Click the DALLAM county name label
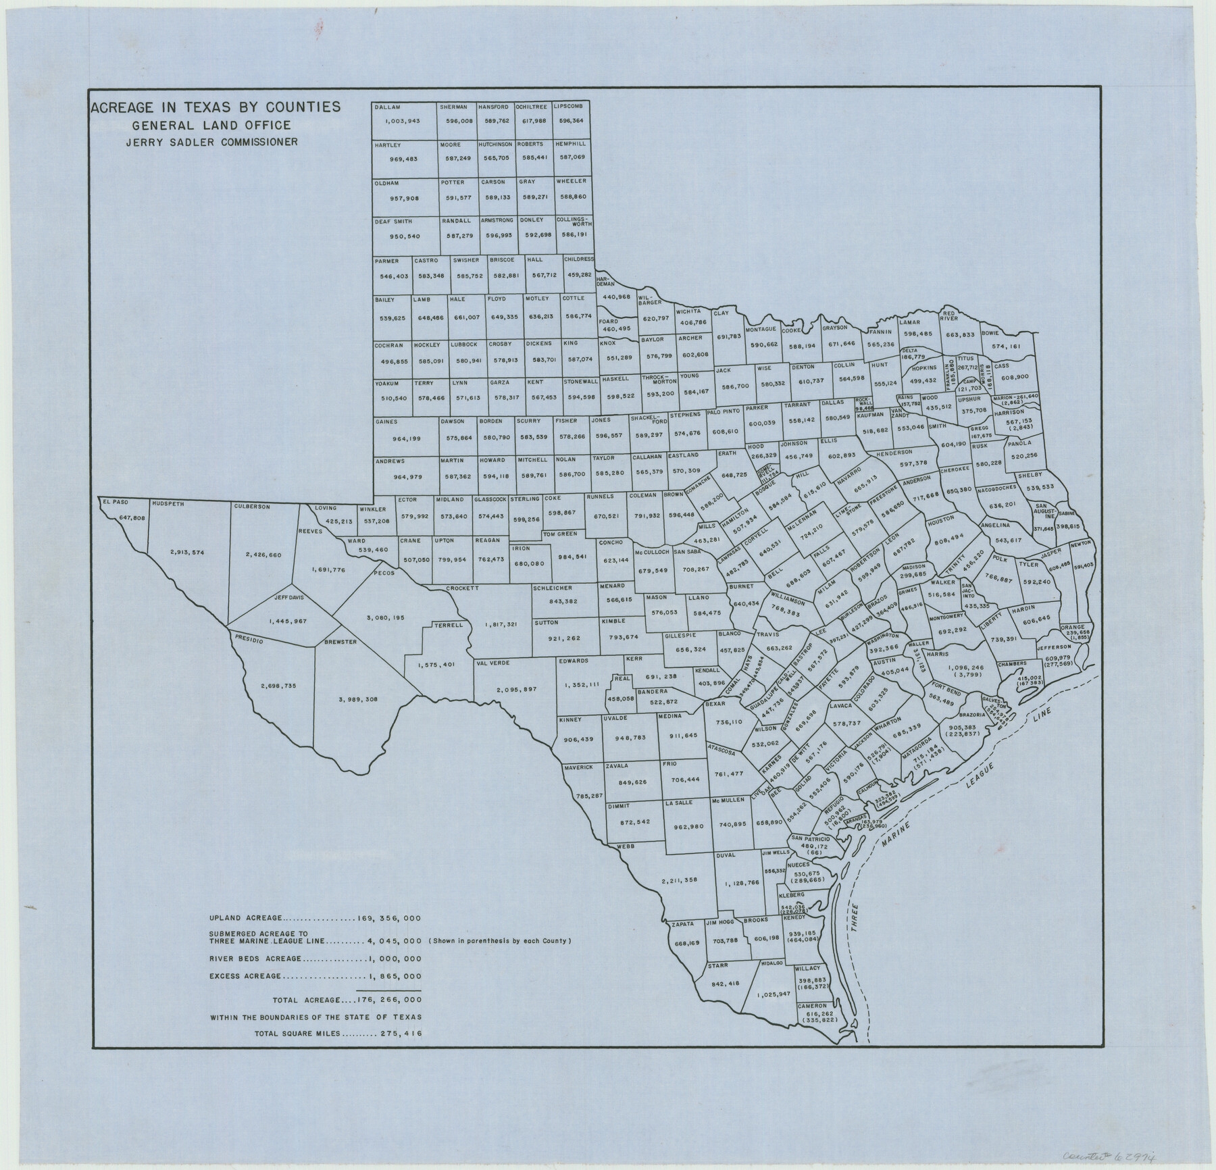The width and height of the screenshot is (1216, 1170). click(388, 107)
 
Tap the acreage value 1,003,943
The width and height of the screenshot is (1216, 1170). click(403, 121)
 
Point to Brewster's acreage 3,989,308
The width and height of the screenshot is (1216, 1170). click(357, 699)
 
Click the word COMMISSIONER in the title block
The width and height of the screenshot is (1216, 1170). click(259, 142)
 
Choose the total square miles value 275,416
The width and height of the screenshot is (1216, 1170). click(398, 1033)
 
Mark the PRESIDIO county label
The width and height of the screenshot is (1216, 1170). click(248, 638)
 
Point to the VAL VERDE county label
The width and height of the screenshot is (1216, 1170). click(491, 663)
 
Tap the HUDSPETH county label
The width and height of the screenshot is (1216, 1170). click(168, 504)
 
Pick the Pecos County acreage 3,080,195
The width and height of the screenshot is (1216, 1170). click(386, 617)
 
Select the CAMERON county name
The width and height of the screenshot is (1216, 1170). click(812, 1025)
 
